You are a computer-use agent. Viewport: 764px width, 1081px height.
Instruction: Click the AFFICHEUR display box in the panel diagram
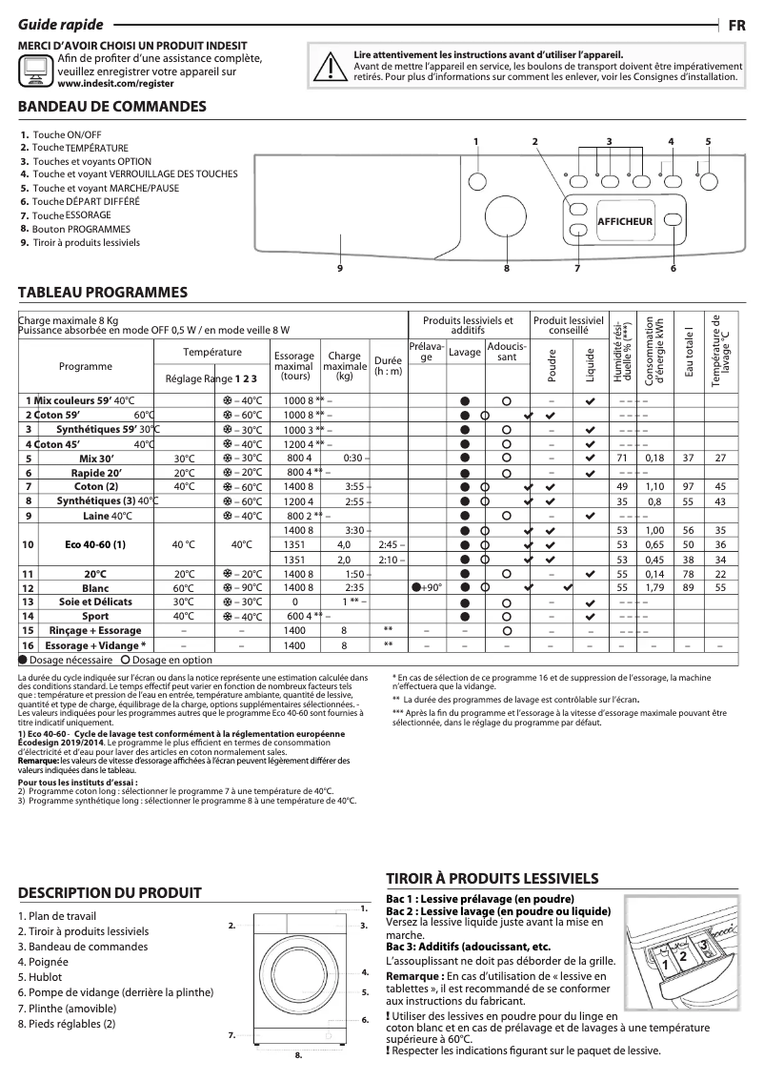tap(624, 221)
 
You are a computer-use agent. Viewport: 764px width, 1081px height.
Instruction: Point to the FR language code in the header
tap(736, 26)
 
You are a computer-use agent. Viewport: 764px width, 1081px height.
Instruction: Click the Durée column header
tap(388, 366)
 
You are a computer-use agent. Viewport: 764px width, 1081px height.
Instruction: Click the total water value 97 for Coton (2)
tap(687, 486)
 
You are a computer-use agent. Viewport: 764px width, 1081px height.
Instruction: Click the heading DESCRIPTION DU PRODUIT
tap(111, 893)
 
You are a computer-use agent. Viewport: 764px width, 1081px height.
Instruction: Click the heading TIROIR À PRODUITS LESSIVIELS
tap(492, 878)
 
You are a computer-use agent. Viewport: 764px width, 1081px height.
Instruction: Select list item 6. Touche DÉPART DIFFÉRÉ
tap(86, 202)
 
